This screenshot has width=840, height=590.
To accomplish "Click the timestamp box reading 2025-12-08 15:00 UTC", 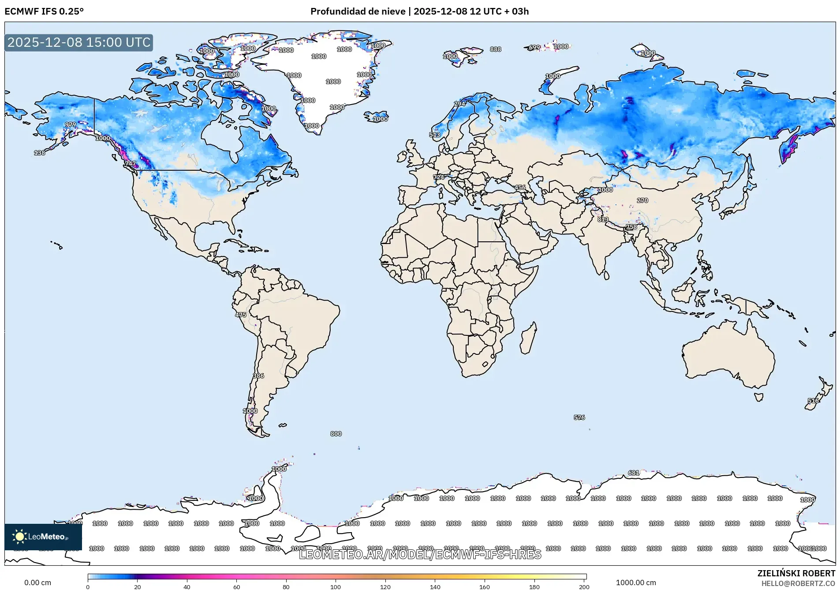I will (78, 42).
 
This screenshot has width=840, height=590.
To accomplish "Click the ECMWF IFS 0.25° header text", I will (44, 11).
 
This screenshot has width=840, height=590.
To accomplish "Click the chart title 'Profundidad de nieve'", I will (358, 11).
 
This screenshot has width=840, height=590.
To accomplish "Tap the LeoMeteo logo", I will (43, 537).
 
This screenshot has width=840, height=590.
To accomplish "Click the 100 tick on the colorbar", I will (336, 586).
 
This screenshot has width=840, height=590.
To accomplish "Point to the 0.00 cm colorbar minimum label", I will (37, 582).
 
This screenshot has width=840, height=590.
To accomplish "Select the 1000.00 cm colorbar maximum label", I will (635, 582).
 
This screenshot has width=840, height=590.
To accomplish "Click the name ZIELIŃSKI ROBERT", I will (796, 573).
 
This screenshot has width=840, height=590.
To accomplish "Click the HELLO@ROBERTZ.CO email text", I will (798, 583).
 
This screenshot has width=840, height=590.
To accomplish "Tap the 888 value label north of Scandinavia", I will (495, 49).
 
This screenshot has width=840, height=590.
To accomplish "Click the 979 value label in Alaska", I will (71, 124).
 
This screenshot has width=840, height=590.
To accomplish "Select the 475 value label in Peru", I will (241, 315).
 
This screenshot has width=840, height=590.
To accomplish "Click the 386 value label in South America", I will (258, 376).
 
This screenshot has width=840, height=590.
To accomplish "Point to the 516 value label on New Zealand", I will (813, 401).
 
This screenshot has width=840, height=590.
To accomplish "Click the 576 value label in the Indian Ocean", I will (579, 417).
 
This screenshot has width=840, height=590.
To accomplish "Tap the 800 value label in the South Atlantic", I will (336, 434).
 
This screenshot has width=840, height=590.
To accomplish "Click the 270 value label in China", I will (642, 200).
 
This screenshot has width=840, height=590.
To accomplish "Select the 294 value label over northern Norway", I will (460, 104).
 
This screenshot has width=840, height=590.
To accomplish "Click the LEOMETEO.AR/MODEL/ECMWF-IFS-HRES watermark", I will (420, 554).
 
